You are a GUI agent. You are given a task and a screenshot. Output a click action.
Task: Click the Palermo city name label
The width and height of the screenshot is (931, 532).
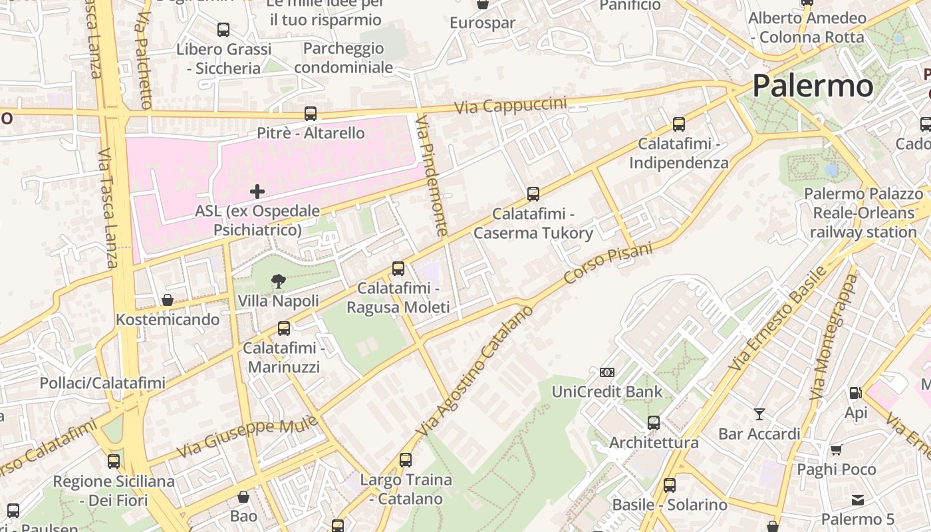click(813, 86)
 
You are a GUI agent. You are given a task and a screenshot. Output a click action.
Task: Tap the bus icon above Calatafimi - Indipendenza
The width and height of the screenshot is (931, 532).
click(679, 124)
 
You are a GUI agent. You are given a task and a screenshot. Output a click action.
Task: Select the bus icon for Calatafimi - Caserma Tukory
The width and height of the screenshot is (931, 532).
click(533, 194)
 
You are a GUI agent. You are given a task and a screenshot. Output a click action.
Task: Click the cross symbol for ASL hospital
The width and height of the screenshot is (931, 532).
click(257, 192)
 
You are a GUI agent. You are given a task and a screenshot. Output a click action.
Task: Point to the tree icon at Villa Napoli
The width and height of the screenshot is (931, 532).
click(279, 282)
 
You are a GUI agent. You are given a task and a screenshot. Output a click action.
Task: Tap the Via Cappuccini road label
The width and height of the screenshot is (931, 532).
click(511, 106)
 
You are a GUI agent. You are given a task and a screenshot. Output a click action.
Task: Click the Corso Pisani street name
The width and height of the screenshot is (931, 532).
click(608, 262)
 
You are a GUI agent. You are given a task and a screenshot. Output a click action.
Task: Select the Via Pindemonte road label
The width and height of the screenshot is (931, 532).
click(432, 176)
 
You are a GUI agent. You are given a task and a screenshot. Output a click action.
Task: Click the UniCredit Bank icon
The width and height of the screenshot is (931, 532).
click(607, 372)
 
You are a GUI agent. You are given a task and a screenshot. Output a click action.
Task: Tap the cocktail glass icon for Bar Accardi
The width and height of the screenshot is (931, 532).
click(759, 414)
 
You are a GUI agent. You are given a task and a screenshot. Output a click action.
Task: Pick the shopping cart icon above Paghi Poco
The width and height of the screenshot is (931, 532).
click(837, 450)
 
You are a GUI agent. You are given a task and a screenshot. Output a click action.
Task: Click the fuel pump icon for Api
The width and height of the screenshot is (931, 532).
click(855, 393)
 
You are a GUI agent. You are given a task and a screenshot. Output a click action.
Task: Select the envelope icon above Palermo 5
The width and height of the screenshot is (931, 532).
click(858, 499)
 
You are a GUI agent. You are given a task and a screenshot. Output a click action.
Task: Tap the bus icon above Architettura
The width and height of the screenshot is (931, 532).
click(654, 423)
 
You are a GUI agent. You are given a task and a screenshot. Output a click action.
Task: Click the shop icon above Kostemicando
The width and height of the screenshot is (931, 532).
click(168, 301)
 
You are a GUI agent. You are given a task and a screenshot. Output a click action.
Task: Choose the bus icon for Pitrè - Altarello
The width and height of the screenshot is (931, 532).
click(311, 114)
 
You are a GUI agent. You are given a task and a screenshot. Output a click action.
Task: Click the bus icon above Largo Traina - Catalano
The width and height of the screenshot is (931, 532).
click(406, 460)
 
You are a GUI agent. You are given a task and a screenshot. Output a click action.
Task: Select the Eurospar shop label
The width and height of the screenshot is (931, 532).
click(482, 23)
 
